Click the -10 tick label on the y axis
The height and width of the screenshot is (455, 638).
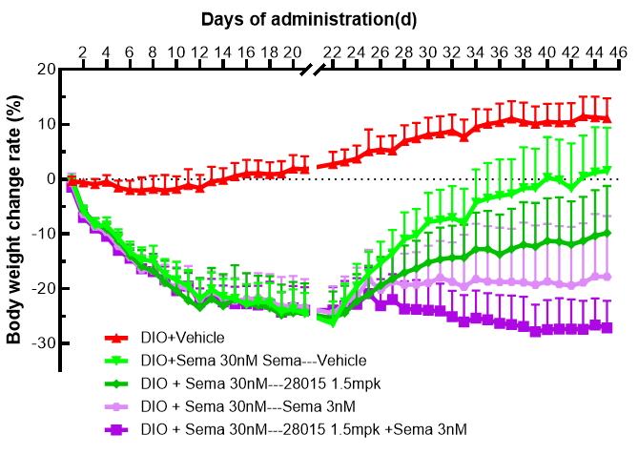[x=41, y=234]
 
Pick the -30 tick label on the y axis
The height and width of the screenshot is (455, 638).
[x=41, y=343]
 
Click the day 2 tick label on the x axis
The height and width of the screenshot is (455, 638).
[x=82, y=52]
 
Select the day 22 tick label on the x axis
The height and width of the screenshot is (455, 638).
[x=333, y=52]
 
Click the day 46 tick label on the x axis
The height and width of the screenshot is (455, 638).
[x=617, y=52]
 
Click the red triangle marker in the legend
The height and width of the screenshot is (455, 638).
[x=115, y=338]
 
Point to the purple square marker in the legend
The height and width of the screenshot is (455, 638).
[x=115, y=430]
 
